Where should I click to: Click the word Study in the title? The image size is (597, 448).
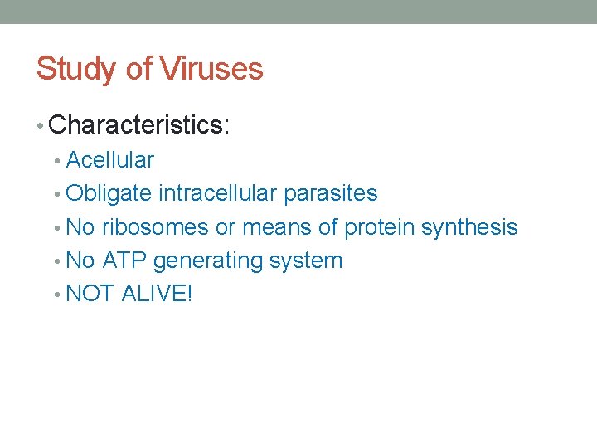pos(67,69)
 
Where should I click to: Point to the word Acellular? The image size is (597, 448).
pos(109,159)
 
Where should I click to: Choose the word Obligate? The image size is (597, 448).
pos(109,193)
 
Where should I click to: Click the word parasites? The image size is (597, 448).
pos(330,193)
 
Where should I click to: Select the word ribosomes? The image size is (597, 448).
pos(155,226)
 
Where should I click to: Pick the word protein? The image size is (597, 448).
pos(380,227)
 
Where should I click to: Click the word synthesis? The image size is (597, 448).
pos(469,227)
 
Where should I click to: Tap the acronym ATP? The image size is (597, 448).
pos(125,260)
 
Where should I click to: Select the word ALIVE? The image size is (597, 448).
pos(157,293)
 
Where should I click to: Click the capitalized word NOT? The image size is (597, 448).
pos(90,293)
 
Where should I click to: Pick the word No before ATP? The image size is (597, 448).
pos(80,260)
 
